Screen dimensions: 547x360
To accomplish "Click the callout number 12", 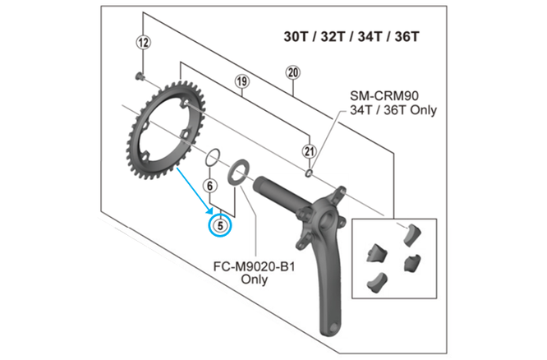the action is pyautogui.click(x=144, y=43).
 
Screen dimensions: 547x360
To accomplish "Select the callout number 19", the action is pyautogui.click(x=241, y=81).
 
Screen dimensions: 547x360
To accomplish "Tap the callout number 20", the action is pyautogui.click(x=292, y=72).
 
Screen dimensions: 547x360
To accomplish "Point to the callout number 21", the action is pyautogui.click(x=309, y=151).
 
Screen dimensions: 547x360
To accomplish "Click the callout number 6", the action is pyautogui.click(x=209, y=186).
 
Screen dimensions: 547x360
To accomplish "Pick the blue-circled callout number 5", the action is pyautogui.click(x=220, y=225).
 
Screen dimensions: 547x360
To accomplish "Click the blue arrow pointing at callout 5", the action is pyautogui.click(x=195, y=191).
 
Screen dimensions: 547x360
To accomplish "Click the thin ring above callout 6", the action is pyautogui.click(x=206, y=158).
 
